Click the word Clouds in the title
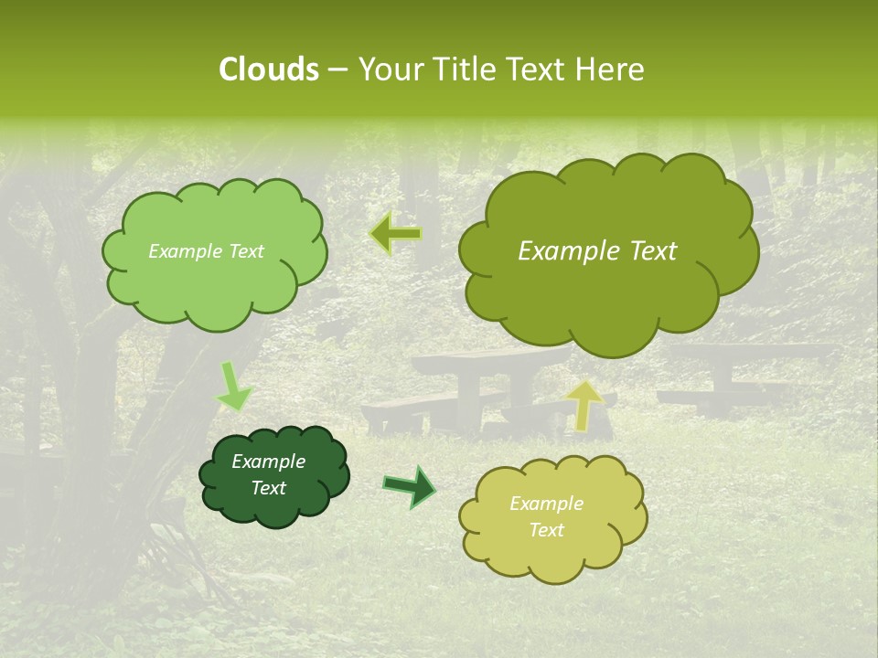[x=269, y=69]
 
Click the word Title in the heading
[x=463, y=69]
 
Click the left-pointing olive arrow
[x=395, y=234]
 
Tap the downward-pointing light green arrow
[x=234, y=387]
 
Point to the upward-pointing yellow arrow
[x=585, y=405]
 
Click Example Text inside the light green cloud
[x=206, y=251]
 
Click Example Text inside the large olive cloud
[x=597, y=251]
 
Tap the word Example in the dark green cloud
[x=268, y=462]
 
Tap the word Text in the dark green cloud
[x=268, y=488]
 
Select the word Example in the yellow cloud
[x=546, y=504]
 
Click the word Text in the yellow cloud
[x=546, y=530]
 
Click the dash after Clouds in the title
[x=337, y=70]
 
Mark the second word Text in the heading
[x=537, y=69]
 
